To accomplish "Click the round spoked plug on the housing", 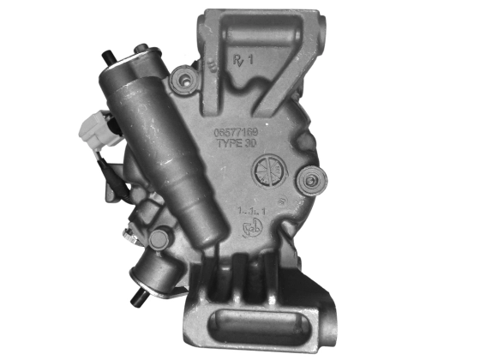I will tap(268, 173).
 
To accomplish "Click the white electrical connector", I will tap(92, 132).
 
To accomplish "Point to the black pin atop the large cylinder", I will tap(105, 57).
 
